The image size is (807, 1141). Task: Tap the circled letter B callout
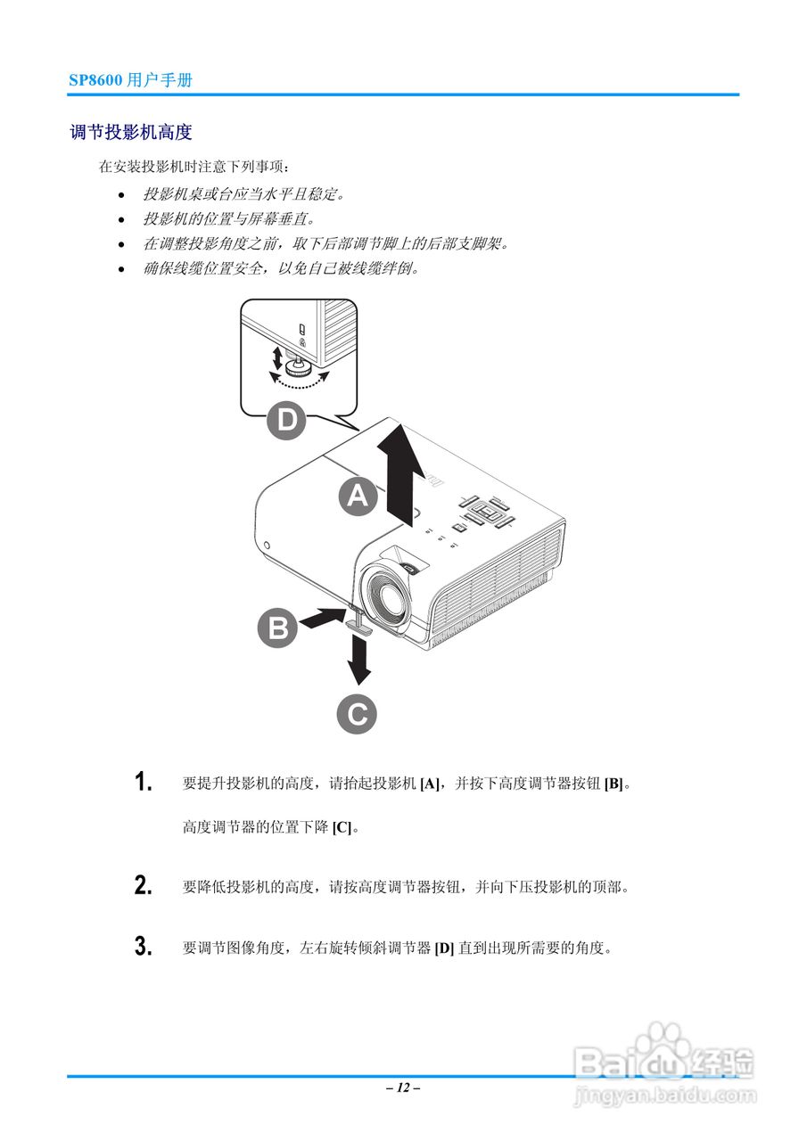278,629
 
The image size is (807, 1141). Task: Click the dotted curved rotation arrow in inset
299,382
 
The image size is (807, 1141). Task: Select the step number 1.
143,784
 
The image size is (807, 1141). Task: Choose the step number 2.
143,886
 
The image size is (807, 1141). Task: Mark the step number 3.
143,947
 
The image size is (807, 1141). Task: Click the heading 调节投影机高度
131,133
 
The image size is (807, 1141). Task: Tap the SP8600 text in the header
96,80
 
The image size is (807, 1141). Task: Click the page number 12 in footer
403,1088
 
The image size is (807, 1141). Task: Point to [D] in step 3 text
444,948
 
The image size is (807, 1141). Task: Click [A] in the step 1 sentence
431,784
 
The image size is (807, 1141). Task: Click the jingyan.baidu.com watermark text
664,1093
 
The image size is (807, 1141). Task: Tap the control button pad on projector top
484,513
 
